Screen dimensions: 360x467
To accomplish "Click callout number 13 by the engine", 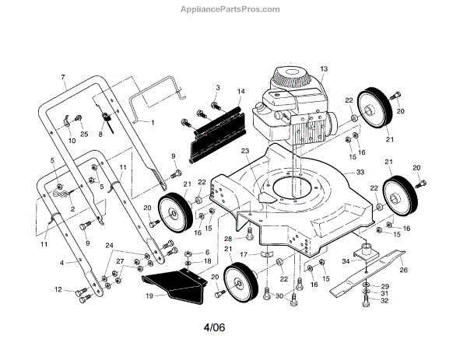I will [x=324, y=69].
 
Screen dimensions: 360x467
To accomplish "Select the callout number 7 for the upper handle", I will [x=62, y=78].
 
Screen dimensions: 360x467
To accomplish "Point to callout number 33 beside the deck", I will [x=360, y=172].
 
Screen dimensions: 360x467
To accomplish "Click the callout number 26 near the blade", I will [x=403, y=271].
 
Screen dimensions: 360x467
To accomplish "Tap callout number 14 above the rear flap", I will [x=241, y=92].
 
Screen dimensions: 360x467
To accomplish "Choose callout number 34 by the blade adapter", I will [x=346, y=261].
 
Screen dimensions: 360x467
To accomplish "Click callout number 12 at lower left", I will [x=58, y=290].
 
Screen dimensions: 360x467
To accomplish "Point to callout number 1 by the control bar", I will [x=153, y=123].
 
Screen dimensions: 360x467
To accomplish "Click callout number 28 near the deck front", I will [x=228, y=238].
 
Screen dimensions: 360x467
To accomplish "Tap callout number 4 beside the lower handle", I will [x=61, y=263].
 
